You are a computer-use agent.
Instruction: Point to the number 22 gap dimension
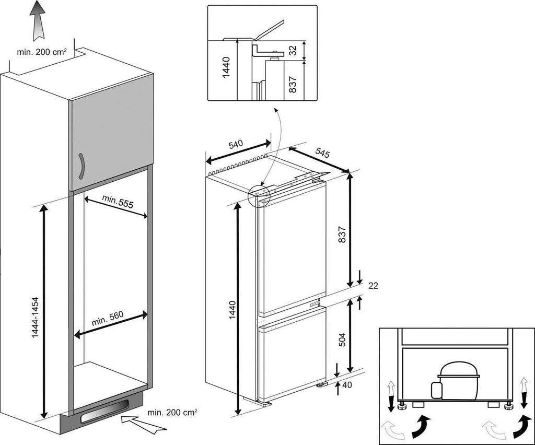coord(373,286)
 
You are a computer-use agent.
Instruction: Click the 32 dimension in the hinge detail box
coord(293,51)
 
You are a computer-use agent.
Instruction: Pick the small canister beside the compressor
coord(434,390)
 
